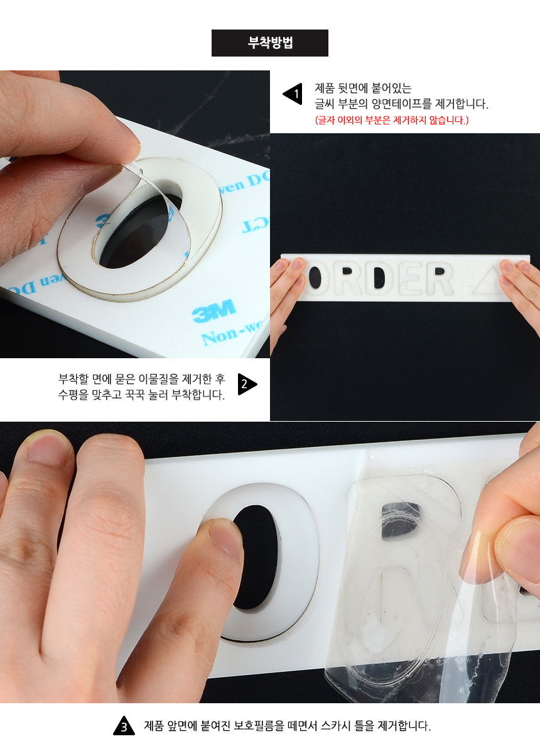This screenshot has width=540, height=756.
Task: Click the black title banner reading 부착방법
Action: coord(270,43)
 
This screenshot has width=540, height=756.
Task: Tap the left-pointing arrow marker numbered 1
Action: coord(294,94)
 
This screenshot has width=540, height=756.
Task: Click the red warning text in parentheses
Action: coord(392,120)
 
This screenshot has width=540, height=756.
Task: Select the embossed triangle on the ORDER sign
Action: coord(487,280)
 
